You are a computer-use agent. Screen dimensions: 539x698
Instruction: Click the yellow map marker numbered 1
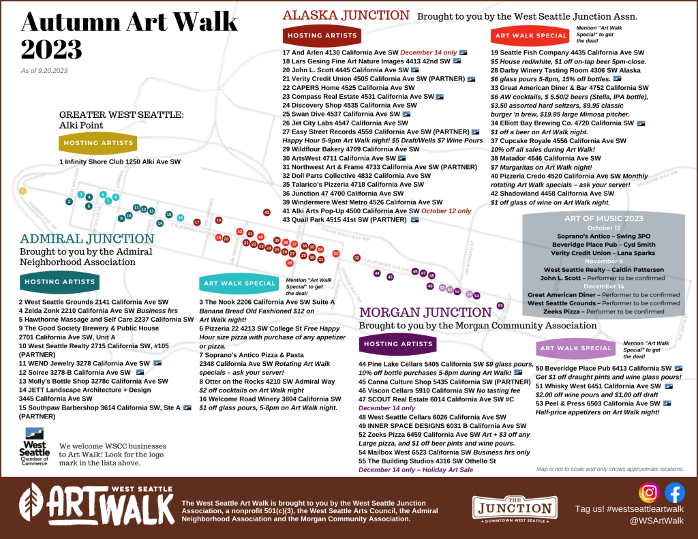click(22, 191)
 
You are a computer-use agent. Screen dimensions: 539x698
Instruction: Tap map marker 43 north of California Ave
click(267, 213)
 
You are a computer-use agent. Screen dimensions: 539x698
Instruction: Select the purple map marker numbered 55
click(500, 305)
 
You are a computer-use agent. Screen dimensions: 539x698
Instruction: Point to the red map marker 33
click(336, 253)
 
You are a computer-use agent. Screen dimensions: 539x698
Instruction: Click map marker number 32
click(356, 258)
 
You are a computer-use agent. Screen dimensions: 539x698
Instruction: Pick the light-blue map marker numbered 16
click(181, 217)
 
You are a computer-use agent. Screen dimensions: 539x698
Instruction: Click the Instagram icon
click(649, 492)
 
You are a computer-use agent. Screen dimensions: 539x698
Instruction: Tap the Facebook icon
click(675, 492)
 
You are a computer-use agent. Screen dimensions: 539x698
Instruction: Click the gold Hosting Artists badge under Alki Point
click(89, 143)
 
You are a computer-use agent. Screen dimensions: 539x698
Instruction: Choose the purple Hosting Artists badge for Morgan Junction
click(399, 344)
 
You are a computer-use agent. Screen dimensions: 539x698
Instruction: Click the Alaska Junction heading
click(346, 15)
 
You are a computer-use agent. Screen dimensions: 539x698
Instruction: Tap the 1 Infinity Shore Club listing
click(120, 161)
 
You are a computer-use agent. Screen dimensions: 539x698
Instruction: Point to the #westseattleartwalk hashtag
click(629, 509)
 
